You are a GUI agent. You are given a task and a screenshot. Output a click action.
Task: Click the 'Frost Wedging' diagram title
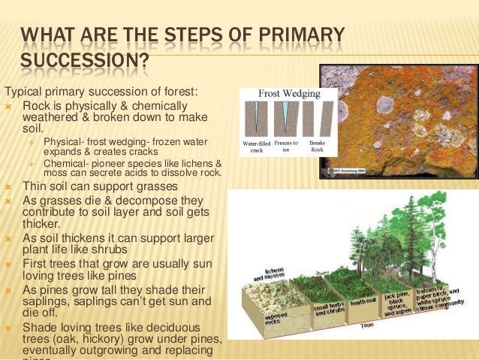point(289,94)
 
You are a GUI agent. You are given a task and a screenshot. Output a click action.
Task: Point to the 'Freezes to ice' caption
point(286,146)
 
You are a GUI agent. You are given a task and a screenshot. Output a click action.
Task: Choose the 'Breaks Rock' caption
point(317,146)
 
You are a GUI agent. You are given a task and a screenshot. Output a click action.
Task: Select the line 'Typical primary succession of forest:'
point(101,92)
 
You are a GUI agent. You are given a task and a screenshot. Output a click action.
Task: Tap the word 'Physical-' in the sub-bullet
point(65,142)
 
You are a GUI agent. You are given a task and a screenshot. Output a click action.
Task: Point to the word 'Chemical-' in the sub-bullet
point(67,162)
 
